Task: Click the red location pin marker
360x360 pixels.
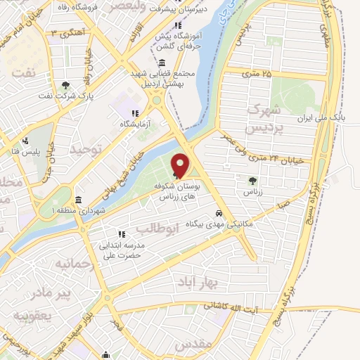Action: tap(180, 165)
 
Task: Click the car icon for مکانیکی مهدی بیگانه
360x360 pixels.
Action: tap(220, 212)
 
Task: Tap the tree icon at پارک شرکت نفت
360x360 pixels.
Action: tap(65, 86)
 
